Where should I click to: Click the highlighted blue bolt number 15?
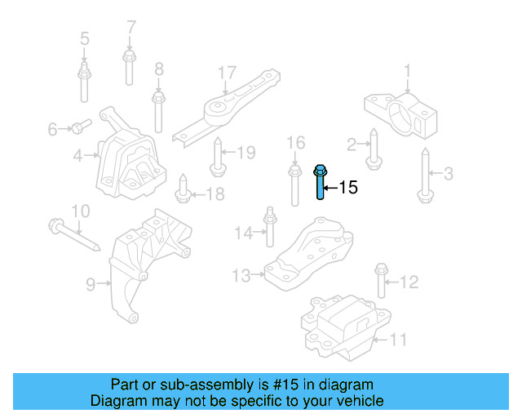[x=320, y=183]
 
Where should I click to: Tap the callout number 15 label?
[x=347, y=189]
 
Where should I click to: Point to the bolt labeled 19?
[x=218, y=158]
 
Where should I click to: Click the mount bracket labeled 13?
[x=310, y=253]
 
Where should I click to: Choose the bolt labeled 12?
[x=381, y=281]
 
